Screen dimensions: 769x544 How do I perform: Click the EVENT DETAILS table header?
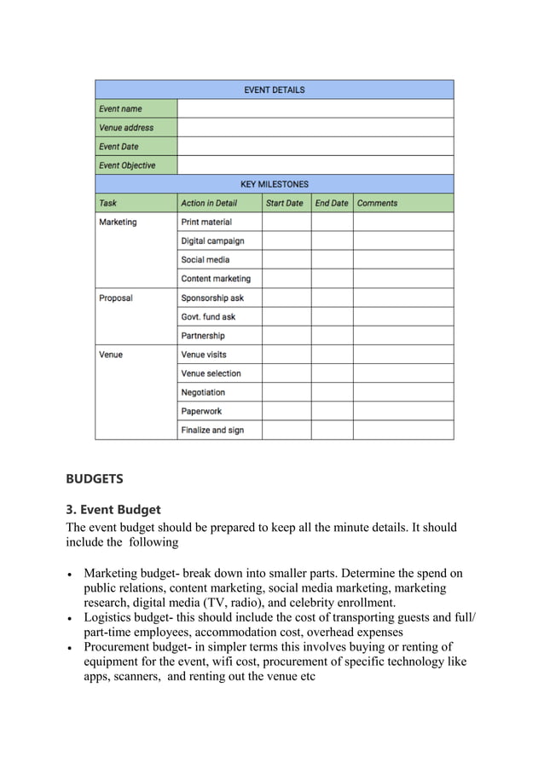[x=274, y=90]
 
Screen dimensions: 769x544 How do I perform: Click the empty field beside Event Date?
[x=315, y=147]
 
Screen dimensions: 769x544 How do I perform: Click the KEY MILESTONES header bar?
[x=274, y=184]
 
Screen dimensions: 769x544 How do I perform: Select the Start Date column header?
[x=285, y=203]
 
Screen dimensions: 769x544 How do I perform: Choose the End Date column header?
[x=332, y=203]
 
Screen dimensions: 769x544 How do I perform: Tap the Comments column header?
[x=377, y=203]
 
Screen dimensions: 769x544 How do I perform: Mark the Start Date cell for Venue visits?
[x=286, y=355]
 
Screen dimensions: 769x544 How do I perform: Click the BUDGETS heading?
[x=95, y=479]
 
